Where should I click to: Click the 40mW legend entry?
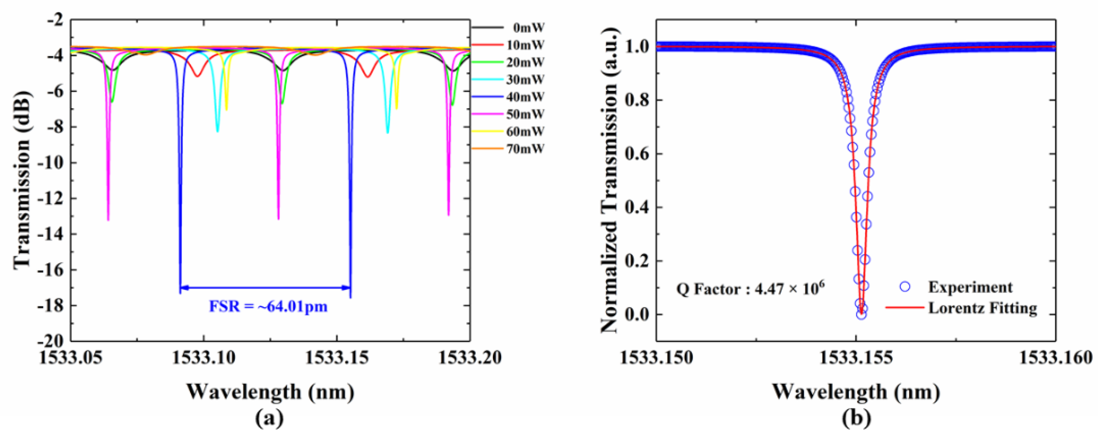(x=525, y=97)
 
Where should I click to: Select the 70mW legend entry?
(x=525, y=149)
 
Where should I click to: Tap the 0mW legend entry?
(x=528, y=28)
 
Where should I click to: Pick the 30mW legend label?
(x=525, y=80)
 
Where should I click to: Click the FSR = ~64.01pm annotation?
(x=268, y=307)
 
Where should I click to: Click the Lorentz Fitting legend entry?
(x=982, y=308)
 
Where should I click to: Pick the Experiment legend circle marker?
(x=905, y=287)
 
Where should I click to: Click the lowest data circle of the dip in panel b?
(x=861, y=315)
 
